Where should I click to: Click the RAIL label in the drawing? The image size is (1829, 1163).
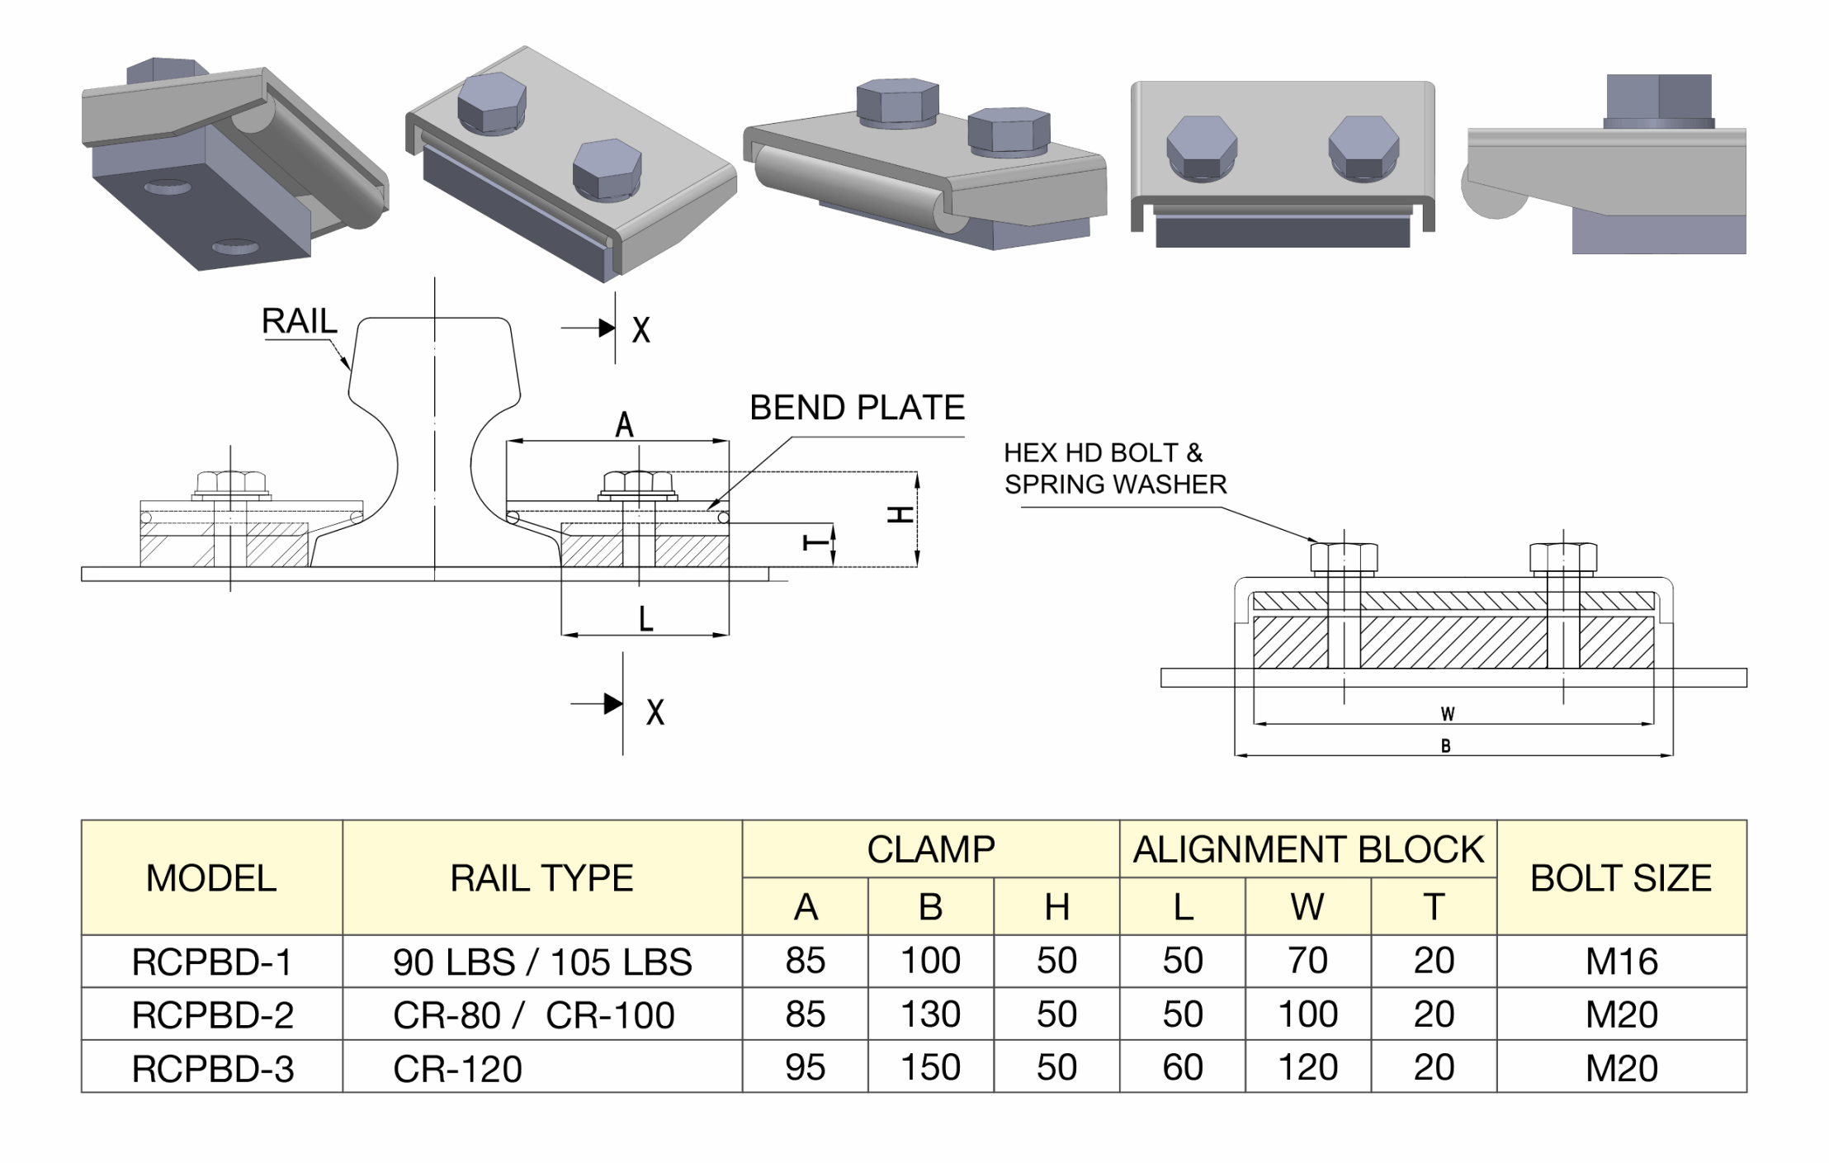coord(299,321)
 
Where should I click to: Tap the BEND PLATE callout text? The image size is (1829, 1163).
coord(857,408)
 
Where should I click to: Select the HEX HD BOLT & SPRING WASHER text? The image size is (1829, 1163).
coord(1114,468)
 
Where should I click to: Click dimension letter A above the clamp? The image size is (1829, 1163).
coord(624,425)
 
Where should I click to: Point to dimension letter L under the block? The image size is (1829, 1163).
coord(645,618)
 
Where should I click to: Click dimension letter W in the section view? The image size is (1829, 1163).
coord(1448,714)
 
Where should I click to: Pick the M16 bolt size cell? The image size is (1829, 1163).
coord(1621,962)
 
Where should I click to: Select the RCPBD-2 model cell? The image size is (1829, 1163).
coord(212,1014)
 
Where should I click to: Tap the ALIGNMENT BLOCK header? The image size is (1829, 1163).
coord(1308,849)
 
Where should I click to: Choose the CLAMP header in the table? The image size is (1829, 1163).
coord(930,849)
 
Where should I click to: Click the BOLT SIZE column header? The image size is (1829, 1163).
coord(1621,877)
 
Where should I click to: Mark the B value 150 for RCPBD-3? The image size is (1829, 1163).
coord(930,1068)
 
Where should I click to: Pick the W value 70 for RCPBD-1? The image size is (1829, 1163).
coord(1307,961)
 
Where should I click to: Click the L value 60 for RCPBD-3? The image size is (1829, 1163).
coord(1182,1068)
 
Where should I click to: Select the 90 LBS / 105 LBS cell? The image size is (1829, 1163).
coord(542,962)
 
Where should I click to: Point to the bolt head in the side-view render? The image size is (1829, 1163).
coord(1658,100)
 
